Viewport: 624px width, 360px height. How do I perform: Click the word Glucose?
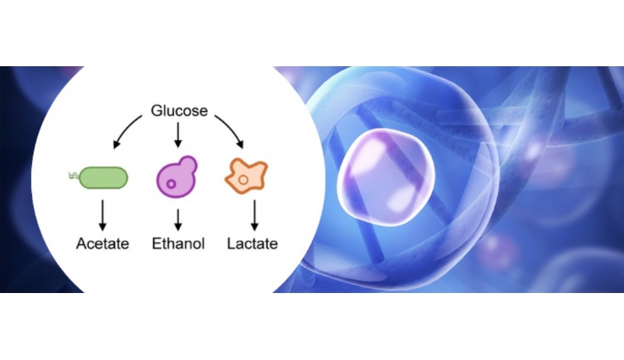(x=179, y=110)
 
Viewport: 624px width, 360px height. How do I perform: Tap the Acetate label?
(x=103, y=244)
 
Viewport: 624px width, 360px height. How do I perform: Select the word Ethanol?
(x=178, y=244)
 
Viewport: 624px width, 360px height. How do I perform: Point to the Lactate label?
(x=253, y=244)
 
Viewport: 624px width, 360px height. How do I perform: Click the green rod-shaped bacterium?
(x=103, y=177)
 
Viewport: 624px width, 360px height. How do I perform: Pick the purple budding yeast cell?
(x=177, y=177)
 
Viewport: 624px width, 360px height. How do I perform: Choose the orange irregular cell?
(x=246, y=176)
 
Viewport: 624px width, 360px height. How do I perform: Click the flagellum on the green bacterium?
(x=74, y=175)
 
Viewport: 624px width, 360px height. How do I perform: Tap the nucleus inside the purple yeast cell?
(x=171, y=184)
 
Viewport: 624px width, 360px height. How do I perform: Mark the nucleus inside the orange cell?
(x=244, y=180)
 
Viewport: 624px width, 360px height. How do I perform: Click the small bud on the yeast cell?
(x=188, y=164)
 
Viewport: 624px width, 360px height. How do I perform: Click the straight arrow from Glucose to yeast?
(x=178, y=135)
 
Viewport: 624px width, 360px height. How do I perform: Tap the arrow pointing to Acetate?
(x=103, y=215)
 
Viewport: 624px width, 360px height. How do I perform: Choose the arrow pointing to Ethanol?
(x=178, y=220)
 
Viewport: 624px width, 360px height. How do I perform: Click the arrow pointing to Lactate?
(x=254, y=215)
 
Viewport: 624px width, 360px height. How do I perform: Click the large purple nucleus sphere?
(x=385, y=177)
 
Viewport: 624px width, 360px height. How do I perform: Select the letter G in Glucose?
(x=158, y=110)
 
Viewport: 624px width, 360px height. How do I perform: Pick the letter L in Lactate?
(x=231, y=244)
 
